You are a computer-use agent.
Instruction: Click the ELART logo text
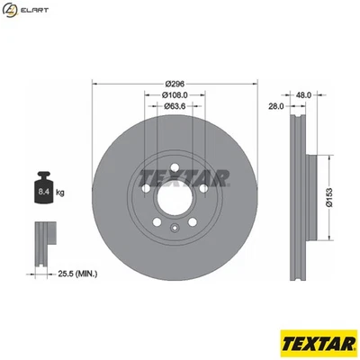pos(35,11)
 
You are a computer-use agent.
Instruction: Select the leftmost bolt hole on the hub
pos(146,193)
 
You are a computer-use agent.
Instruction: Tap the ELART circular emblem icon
pos(11,11)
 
